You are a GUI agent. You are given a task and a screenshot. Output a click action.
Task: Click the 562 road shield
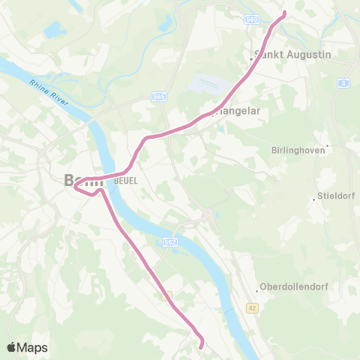[169, 242]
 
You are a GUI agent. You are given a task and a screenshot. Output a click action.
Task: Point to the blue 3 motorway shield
[343, 83]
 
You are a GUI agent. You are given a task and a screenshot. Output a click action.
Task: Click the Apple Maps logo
[27, 347]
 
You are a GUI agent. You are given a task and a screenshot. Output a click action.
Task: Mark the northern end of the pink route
[284, 13]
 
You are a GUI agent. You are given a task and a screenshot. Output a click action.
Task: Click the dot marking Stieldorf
[314, 199]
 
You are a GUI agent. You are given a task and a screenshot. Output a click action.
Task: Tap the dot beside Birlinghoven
[328, 145]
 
